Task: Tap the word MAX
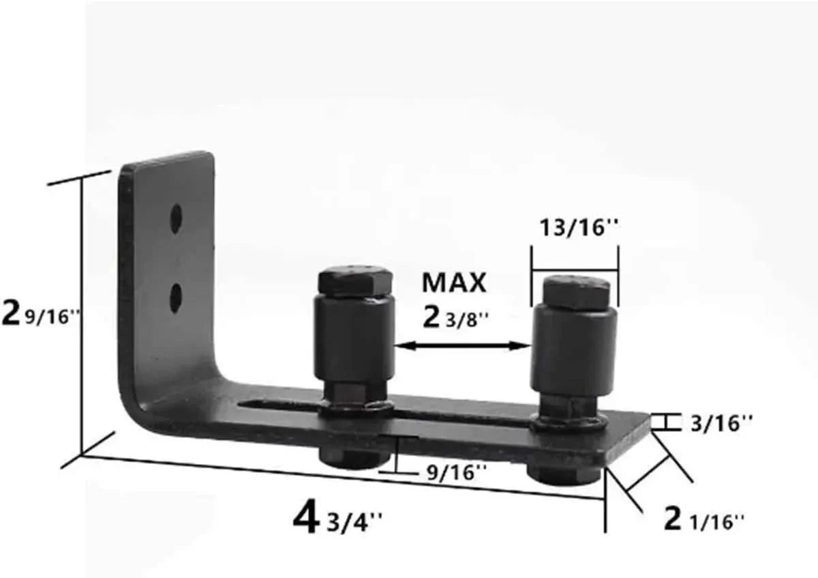point(454,283)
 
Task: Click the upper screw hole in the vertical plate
point(176,218)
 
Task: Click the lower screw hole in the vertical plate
point(176,298)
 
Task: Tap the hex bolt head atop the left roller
point(355,280)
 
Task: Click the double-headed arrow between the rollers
point(463,346)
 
